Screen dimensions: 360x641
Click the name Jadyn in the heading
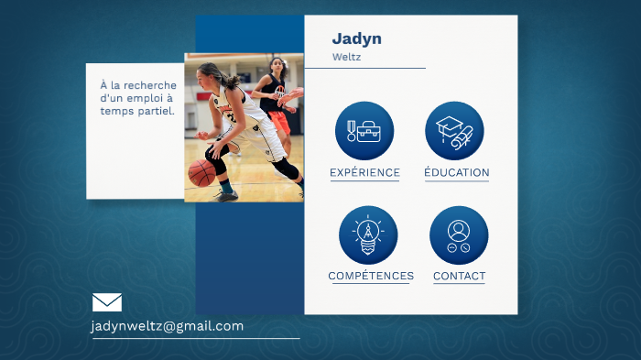356,38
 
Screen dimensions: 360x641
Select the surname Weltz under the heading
346,57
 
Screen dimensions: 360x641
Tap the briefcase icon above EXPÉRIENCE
364,131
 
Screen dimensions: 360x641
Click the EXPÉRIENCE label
364,172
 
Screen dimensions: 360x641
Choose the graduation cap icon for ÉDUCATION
455,131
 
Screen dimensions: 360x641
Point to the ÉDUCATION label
456,172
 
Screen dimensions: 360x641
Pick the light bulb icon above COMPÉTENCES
368,235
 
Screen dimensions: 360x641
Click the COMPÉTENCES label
371,276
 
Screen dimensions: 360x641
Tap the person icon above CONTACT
459,235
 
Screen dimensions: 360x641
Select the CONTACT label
459,276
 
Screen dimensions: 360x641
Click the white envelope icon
107,302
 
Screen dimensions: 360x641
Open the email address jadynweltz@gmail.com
168,326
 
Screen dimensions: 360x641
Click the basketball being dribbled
201,171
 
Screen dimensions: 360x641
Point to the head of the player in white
211,74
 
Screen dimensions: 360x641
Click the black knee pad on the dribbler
286,170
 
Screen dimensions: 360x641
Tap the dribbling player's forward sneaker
226,193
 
